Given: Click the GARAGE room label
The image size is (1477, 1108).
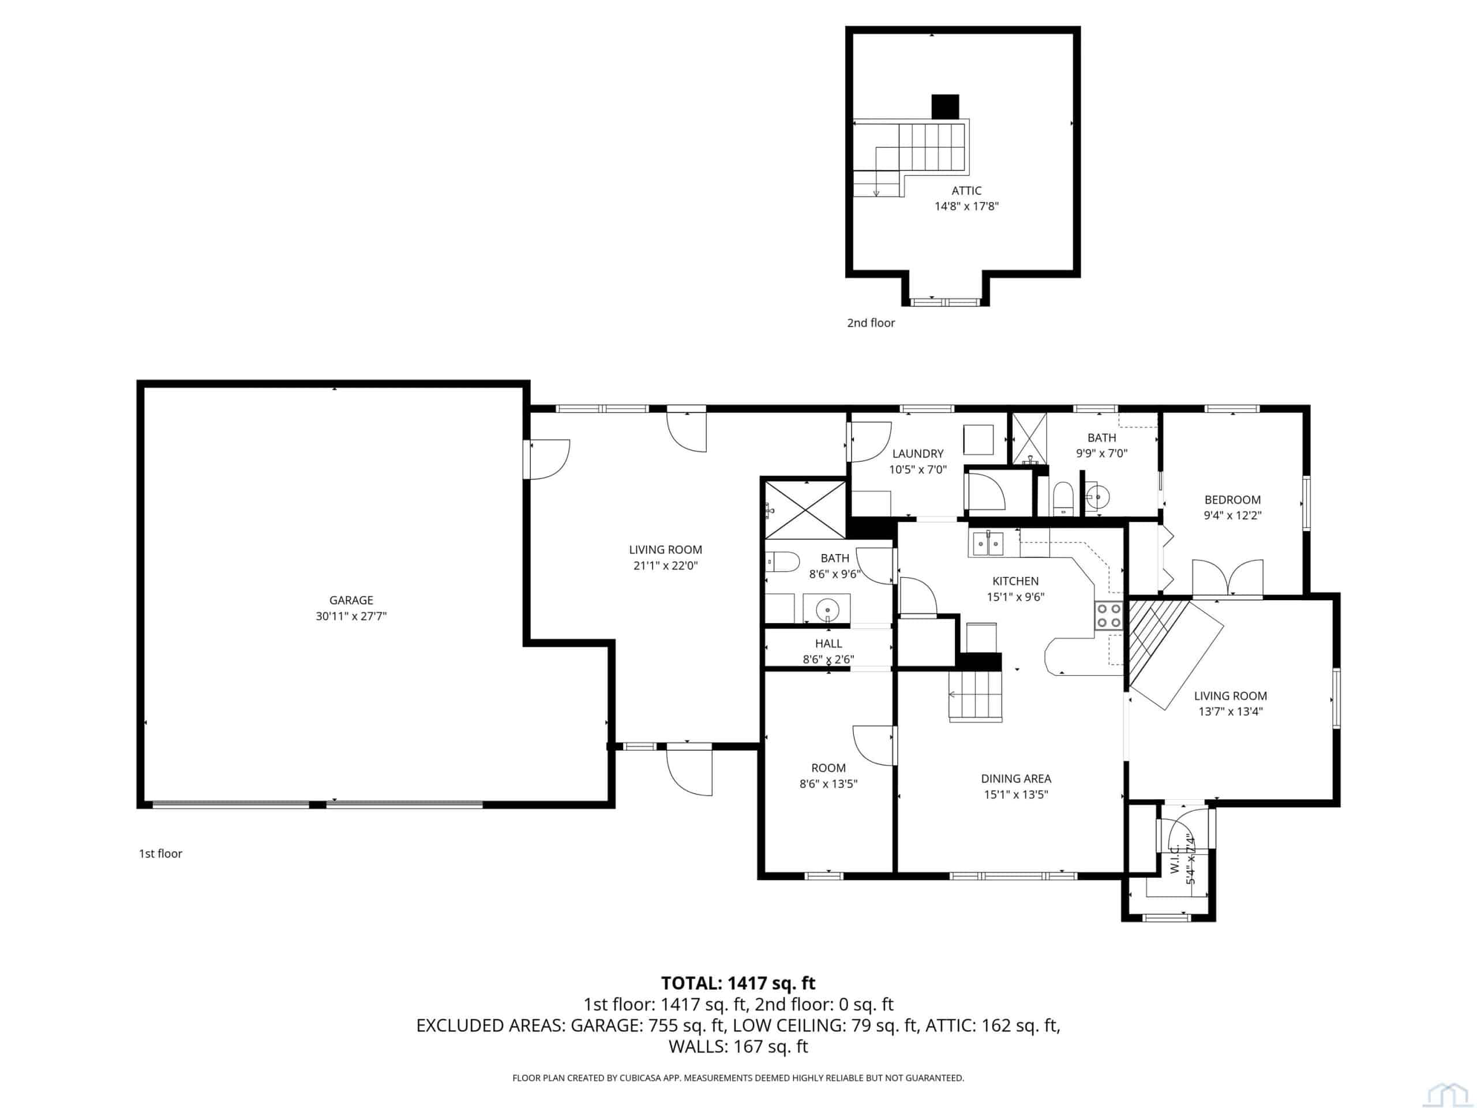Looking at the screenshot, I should [x=351, y=600].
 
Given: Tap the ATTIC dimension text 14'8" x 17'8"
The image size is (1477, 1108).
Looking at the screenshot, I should [x=966, y=207].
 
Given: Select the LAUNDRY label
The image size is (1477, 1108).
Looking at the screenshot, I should [x=917, y=454].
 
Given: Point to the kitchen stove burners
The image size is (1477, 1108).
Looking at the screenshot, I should [x=1108, y=615].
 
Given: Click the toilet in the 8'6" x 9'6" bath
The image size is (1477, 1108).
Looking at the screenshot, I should [x=782, y=562].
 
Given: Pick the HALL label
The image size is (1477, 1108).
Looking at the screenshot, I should [x=828, y=643].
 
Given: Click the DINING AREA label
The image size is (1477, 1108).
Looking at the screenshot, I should [x=1015, y=778].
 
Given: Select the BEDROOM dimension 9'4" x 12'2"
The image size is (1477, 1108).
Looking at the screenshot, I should [x=1232, y=515].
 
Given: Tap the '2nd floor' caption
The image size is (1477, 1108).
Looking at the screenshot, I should [x=871, y=323].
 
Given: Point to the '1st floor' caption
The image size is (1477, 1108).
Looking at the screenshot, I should [x=160, y=853].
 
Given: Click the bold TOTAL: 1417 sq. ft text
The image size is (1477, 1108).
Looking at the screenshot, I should [x=738, y=983].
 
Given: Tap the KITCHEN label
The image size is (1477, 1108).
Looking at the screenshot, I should [x=1015, y=581].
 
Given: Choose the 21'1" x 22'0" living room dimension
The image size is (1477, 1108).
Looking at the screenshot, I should [x=665, y=566].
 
